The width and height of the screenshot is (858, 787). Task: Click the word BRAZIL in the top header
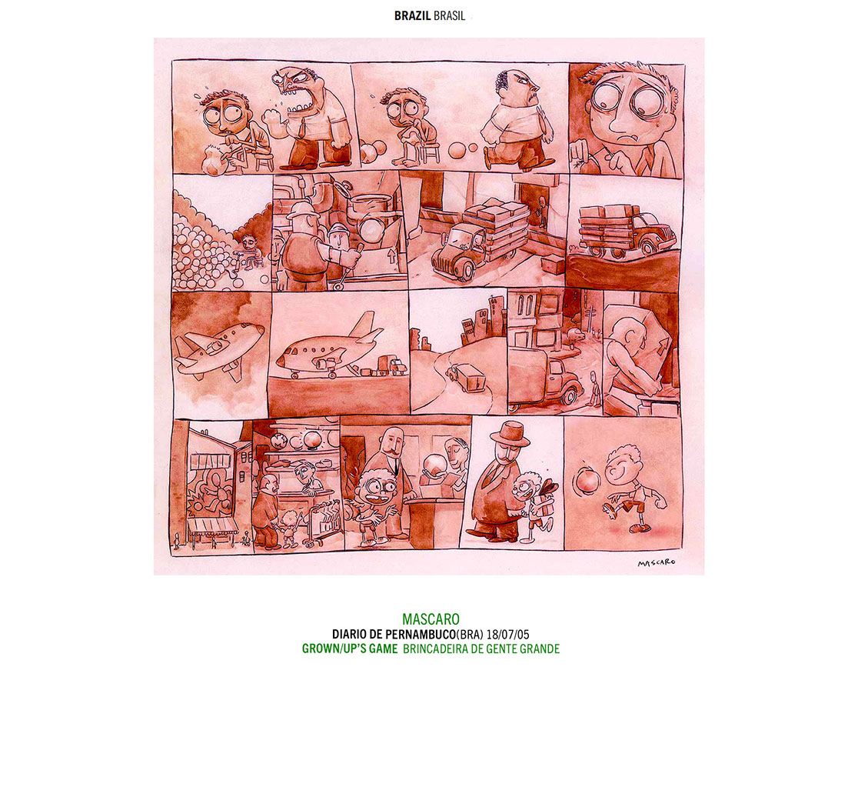tap(412, 16)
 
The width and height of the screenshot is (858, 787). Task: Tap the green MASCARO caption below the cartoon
tap(431, 619)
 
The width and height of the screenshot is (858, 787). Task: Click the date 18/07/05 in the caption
tap(507, 635)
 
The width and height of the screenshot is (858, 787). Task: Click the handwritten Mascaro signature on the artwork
tap(656, 562)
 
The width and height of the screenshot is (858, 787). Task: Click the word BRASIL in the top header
tap(449, 16)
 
